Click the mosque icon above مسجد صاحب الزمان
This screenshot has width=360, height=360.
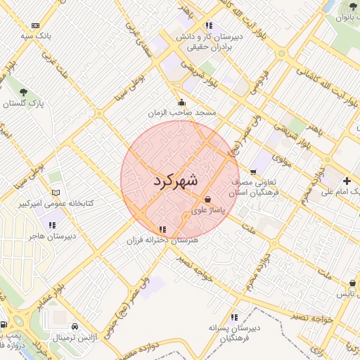[181, 102]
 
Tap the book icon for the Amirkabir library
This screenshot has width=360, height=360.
[56, 193]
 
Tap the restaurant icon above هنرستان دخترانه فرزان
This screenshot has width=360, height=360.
[162, 229]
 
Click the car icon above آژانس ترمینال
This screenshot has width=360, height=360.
[75, 327]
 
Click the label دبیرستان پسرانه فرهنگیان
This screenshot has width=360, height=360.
[234, 333]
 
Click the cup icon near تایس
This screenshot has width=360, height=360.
[352, 283]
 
